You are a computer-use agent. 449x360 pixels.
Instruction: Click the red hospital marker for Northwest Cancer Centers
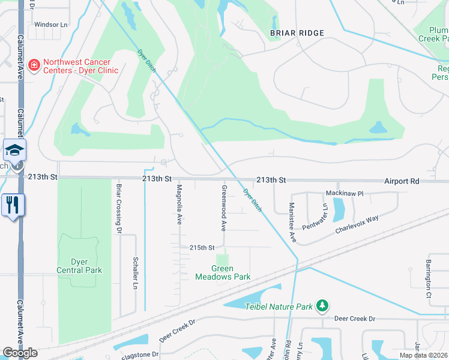[x=34, y=64]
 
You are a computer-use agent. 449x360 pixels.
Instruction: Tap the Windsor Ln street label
[x=50, y=25]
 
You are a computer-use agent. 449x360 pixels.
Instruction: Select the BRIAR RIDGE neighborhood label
[x=297, y=33]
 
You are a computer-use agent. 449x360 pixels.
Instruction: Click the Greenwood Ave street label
[x=223, y=208]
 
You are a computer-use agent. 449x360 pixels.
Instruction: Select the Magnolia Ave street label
[x=179, y=205]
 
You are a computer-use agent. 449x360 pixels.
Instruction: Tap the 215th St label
[x=202, y=247]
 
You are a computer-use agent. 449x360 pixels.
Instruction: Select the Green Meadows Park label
[x=222, y=272]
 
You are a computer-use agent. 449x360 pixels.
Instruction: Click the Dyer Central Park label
[x=79, y=266]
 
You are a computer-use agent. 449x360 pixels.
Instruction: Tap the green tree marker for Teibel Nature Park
[x=322, y=306]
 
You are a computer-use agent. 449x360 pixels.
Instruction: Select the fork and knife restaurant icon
[x=11, y=205]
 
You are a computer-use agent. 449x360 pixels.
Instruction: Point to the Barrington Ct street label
[x=429, y=278]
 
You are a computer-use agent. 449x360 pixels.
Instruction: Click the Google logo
[x=19, y=353]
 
